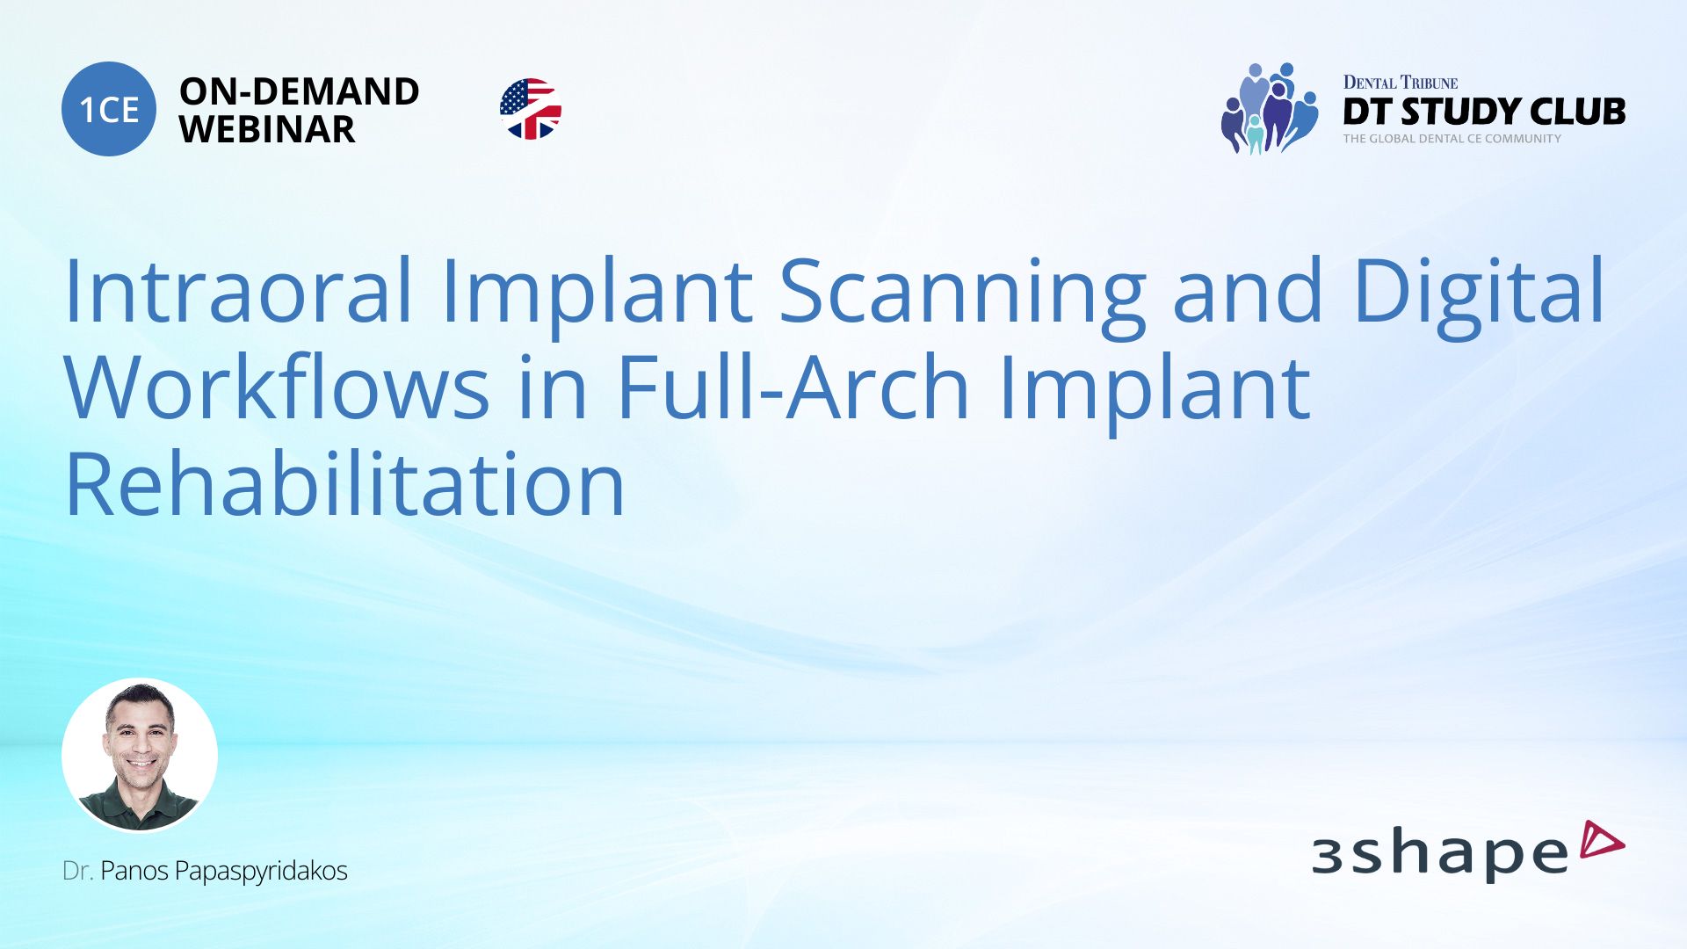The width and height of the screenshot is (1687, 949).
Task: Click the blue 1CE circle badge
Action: pos(109,109)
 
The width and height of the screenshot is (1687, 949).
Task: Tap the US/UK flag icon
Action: pos(530,109)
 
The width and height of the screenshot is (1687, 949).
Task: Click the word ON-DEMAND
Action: pos(299,91)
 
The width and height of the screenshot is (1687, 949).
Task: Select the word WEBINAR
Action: pos(267,129)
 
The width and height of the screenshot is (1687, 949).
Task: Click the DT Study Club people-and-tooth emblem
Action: pos(1269,109)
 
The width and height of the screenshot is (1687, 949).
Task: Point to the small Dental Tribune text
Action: pos(1400,83)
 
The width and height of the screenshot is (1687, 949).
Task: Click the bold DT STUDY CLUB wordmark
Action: pos(1484,112)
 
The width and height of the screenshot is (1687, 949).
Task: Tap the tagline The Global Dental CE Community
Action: pos(1452,139)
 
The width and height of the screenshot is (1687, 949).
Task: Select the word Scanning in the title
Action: pos(962,292)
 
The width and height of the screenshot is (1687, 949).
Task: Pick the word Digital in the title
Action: pos(1479,292)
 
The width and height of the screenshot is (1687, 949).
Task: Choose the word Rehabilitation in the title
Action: pos(344,484)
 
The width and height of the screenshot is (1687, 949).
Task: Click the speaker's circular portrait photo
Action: pos(140,755)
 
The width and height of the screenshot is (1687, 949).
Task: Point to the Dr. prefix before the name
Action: pos(77,871)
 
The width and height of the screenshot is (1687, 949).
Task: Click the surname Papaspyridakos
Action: pos(261,871)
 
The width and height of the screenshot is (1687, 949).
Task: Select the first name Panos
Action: pos(134,871)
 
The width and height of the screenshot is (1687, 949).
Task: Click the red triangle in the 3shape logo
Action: pos(1601,840)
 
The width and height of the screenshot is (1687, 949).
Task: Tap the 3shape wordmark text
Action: pos(1439,854)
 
